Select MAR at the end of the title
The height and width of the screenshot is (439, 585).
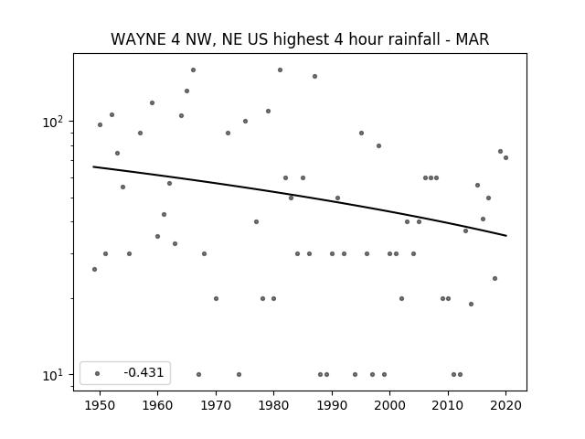pyautogui.click(x=473, y=39)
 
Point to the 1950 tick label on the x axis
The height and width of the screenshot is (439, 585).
pyautogui.click(x=100, y=405)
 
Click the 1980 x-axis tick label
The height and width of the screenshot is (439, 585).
pyautogui.click(x=274, y=405)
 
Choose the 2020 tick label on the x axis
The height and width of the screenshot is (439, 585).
pyautogui.click(x=505, y=405)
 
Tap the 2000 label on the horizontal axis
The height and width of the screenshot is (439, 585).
pyautogui.click(x=390, y=405)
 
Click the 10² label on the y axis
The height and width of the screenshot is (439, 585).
pyautogui.click(x=53, y=122)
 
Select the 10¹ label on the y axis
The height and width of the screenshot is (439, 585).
pyautogui.click(x=53, y=374)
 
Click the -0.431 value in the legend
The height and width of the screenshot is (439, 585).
pyautogui.click(x=144, y=372)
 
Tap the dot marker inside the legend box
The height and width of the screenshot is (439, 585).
pyautogui.click(x=98, y=373)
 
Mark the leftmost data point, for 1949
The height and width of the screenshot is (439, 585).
pyautogui.click(x=94, y=269)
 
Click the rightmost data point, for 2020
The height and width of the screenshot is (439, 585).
pyautogui.click(x=505, y=157)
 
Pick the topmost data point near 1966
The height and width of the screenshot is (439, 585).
pyautogui.click(x=193, y=70)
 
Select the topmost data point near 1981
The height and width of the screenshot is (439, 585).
pyautogui.click(x=281, y=70)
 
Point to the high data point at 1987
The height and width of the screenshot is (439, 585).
pyautogui.click(x=314, y=76)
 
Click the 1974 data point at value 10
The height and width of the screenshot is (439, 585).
pyautogui.click(x=239, y=374)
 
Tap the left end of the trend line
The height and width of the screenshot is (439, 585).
pyautogui.click(x=93, y=166)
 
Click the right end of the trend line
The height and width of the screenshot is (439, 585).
pyautogui.click(x=506, y=236)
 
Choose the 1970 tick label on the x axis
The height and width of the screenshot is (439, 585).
pyautogui.click(x=216, y=405)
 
